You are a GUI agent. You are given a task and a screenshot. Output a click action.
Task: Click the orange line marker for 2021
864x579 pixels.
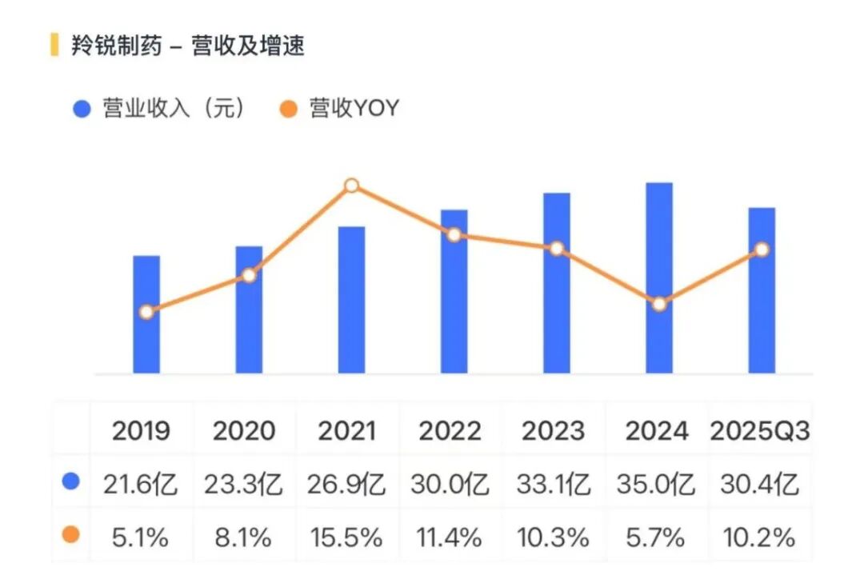[x=351, y=186]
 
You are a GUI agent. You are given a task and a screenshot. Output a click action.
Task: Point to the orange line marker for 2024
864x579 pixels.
[x=659, y=304]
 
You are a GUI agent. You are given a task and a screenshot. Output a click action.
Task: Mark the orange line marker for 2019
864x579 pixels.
[x=146, y=312]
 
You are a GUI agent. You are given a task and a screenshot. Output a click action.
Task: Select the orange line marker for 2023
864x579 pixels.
[x=557, y=249]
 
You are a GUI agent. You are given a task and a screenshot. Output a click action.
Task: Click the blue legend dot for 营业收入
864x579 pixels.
[x=82, y=109]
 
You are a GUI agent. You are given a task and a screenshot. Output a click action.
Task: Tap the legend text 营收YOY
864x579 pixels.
[x=354, y=109]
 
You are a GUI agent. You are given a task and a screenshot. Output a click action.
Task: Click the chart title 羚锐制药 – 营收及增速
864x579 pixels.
[x=188, y=46]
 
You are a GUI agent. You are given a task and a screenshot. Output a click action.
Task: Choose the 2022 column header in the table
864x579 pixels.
[x=450, y=431]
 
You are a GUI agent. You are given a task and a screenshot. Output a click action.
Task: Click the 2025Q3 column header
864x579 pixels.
[x=760, y=431]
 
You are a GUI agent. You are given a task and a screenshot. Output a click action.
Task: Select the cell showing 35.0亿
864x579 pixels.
[x=656, y=484]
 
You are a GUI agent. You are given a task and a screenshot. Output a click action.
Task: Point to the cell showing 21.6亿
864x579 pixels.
[x=141, y=484]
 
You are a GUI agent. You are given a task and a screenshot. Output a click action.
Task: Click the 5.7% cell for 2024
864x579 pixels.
[x=656, y=537]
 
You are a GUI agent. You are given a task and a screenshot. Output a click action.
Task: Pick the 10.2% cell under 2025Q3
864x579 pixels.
[x=760, y=537]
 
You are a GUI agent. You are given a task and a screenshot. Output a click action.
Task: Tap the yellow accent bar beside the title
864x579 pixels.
[x=54, y=45]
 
